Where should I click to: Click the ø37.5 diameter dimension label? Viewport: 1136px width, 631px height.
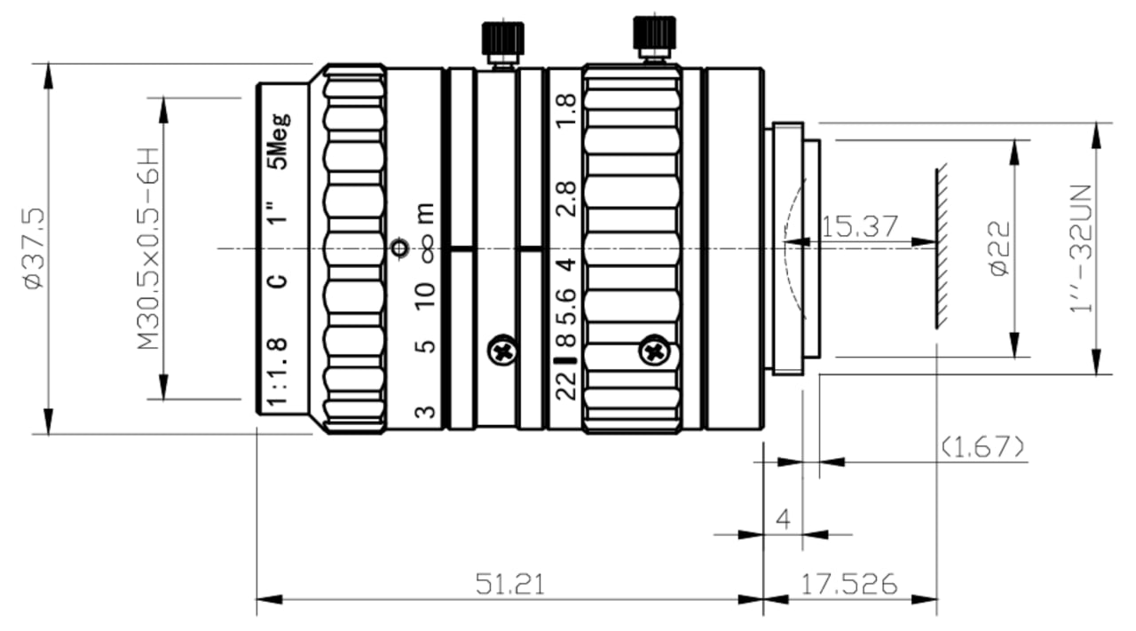[35, 248]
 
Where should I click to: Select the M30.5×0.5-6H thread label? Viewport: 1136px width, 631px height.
[148, 248]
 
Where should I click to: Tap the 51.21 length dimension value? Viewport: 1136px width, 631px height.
[509, 584]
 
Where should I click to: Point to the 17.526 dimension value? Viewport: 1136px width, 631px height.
[849, 584]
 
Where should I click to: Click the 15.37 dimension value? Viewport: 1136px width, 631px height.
[858, 226]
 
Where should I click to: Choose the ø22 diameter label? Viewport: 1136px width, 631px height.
[999, 248]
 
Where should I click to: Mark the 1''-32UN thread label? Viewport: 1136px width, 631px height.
[1080, 248]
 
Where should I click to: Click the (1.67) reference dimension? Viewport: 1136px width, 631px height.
[982, 447]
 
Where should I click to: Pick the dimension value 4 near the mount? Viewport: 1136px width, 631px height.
[784, 519]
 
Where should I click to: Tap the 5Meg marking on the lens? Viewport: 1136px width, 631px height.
[279, 141]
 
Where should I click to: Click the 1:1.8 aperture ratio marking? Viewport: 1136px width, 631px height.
[277, 371]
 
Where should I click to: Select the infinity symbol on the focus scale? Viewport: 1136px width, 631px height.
[428, 248]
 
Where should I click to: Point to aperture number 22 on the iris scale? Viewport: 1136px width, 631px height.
[566, 386]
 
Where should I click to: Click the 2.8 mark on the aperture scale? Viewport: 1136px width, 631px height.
[566, 200]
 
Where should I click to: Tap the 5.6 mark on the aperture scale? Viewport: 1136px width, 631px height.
[566, 307]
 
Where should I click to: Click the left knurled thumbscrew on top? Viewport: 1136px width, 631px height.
[502, 43]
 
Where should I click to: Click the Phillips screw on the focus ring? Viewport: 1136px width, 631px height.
[502, 350]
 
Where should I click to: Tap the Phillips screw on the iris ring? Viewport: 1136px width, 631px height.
[654, 350]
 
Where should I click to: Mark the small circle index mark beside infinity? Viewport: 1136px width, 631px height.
[400, 248]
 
